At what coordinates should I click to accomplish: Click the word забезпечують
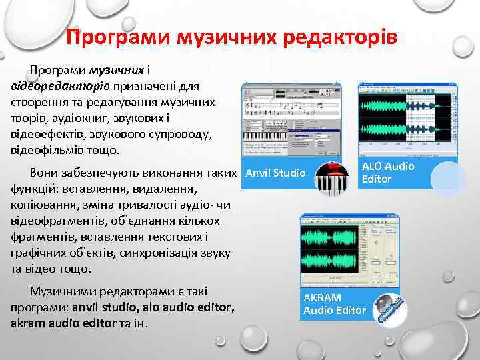[x=101, y=173]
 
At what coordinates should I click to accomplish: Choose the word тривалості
[x=149, y=205]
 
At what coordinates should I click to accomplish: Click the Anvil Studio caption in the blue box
[x=276, y=174]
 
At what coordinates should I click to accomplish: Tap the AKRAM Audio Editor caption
[x=334, y=304]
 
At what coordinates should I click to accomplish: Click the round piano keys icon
[x=331, y=179]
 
